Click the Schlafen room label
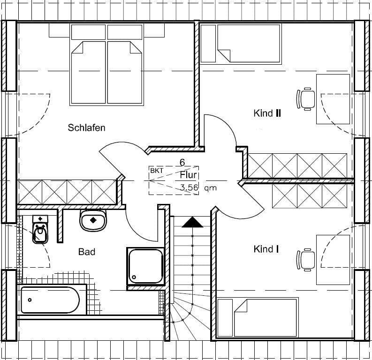86,128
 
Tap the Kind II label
267,113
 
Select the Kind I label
266,249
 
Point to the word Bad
87,252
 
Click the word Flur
189,175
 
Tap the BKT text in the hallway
157,171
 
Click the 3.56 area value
189,187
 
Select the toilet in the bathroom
40,230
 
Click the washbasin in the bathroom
93,220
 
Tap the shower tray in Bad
145,266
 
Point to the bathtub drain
30,300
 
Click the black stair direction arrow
192,222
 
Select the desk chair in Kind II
306,99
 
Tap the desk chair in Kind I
306,260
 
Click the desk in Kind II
333,99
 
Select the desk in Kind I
333,260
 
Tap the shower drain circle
134,277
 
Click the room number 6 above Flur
182,163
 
